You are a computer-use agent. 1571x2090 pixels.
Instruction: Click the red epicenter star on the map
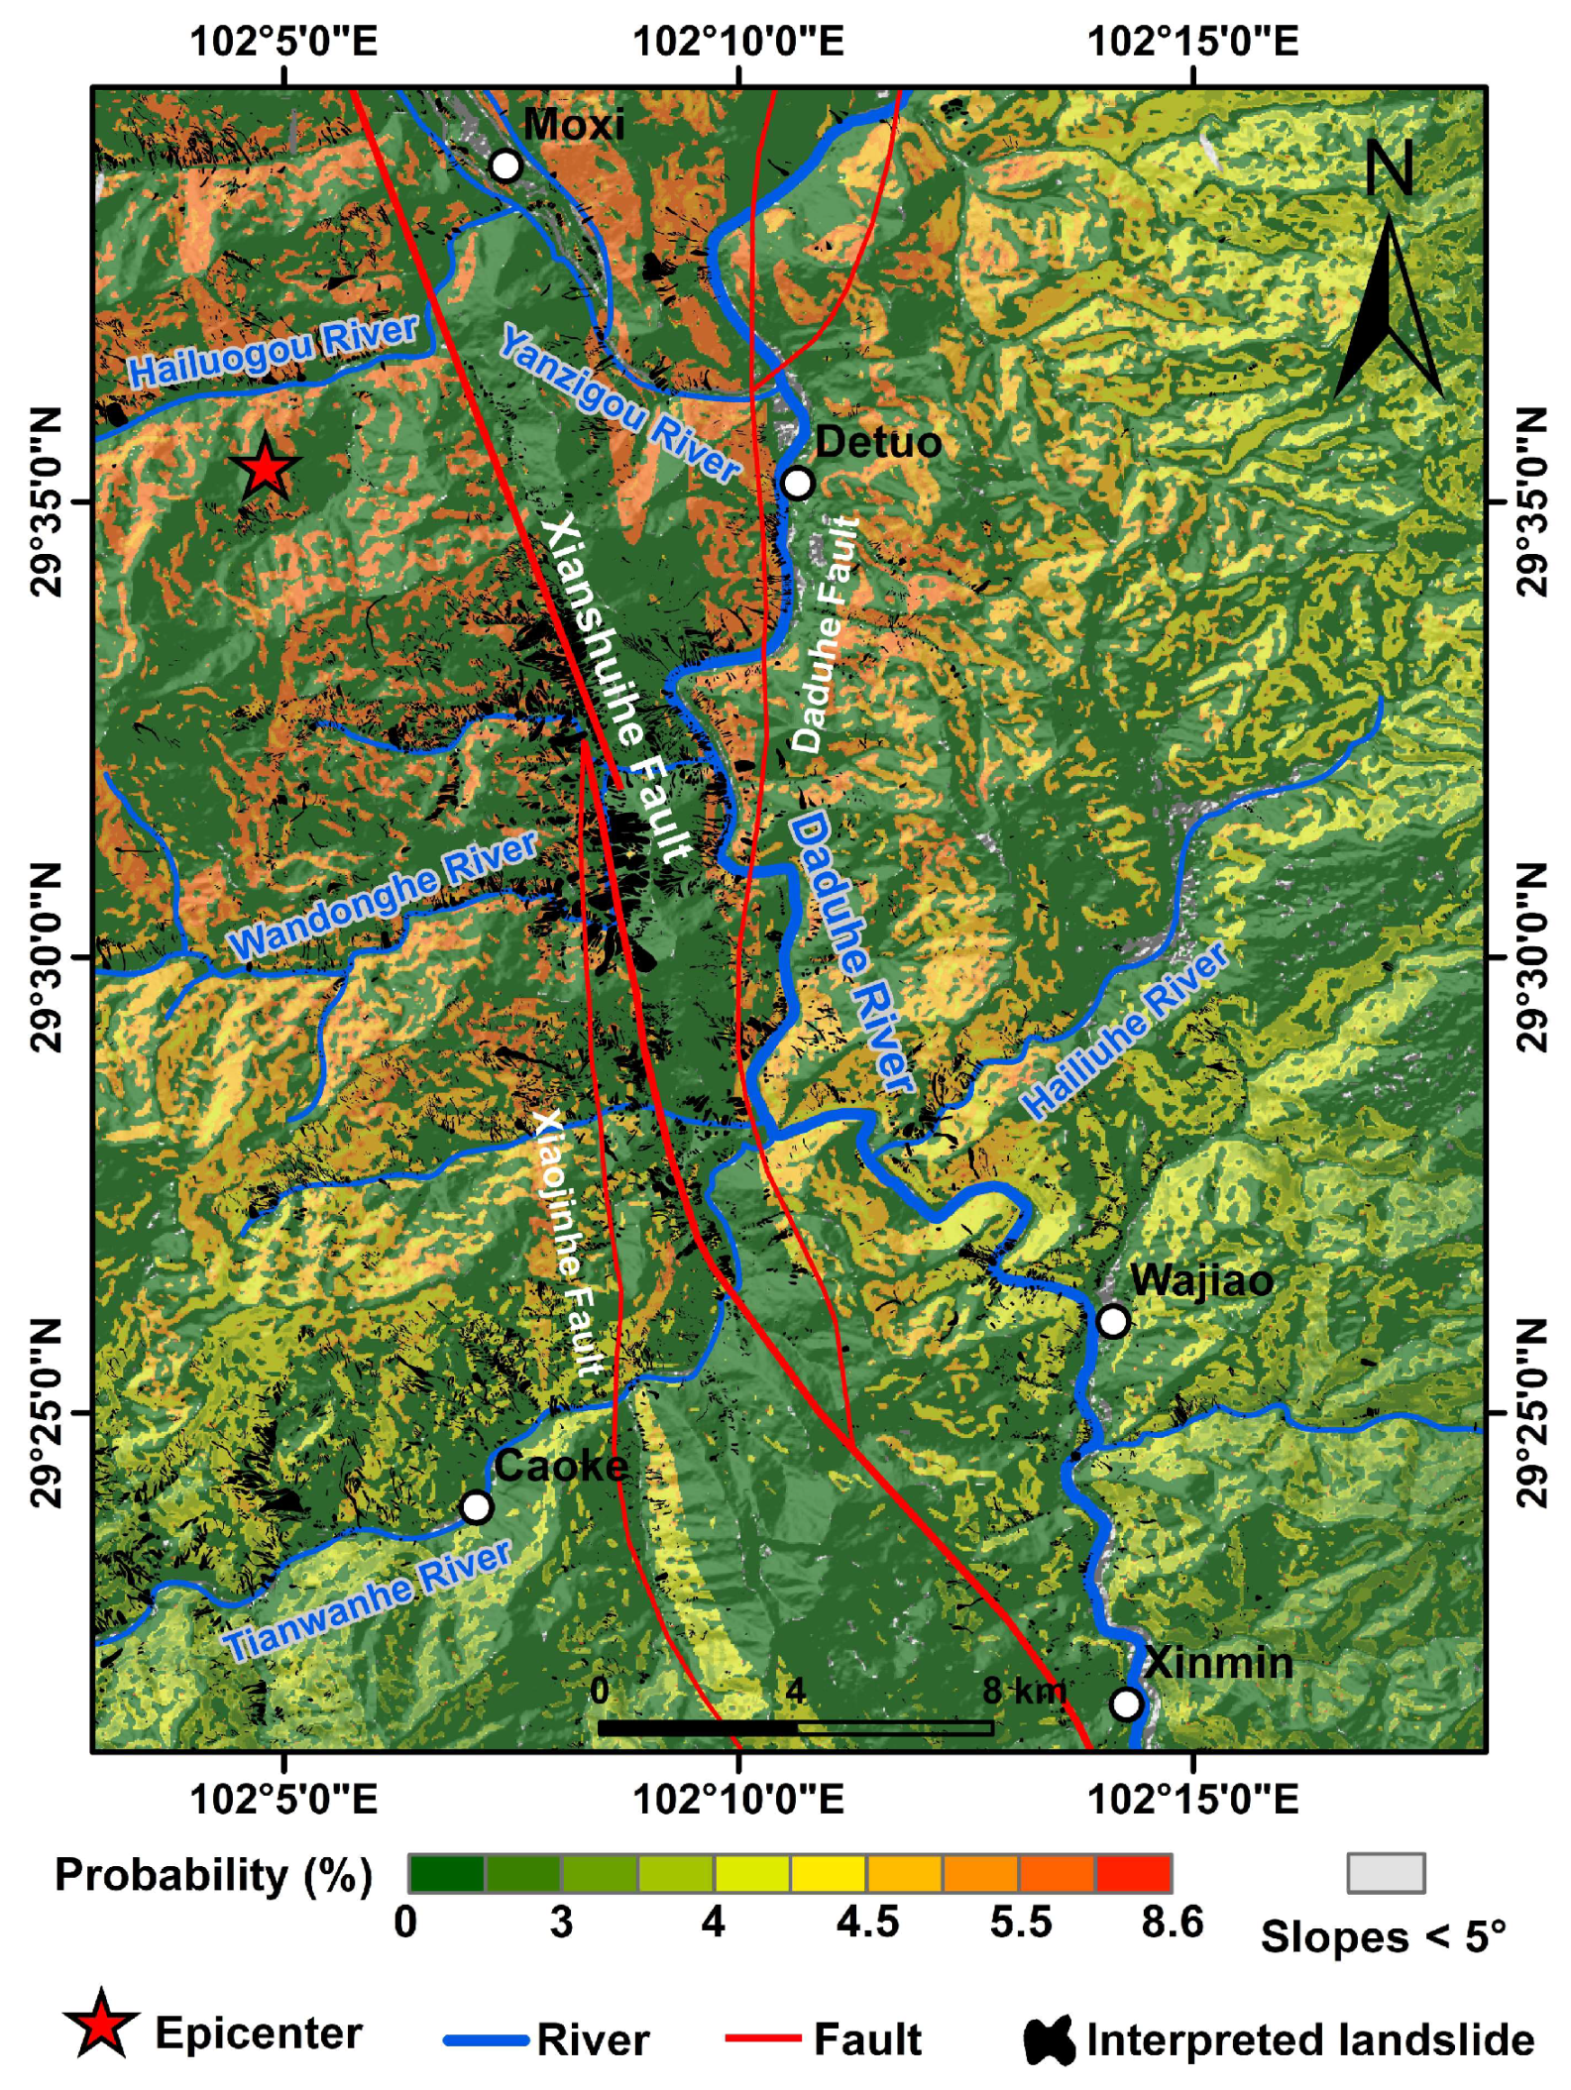(265, 468)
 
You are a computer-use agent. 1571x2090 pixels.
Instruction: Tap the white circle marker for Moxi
(505, 165)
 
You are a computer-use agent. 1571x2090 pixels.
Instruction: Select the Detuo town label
(877, 442)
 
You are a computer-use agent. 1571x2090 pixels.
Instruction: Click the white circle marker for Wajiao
(1113, 1321)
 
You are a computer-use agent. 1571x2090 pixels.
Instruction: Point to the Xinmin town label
(1218, 1663)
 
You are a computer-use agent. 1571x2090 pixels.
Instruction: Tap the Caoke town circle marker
(477, 1506)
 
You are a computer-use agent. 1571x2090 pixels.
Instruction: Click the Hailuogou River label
(274, 352)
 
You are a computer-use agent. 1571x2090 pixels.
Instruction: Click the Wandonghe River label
(383, 896)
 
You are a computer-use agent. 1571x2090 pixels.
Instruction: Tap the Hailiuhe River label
(1125, 1032)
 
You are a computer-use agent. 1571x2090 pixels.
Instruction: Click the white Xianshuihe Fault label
(616, 688)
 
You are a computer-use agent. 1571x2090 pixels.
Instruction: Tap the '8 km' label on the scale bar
(1024, 1691)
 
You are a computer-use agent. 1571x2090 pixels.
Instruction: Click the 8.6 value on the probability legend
(1172, 1923)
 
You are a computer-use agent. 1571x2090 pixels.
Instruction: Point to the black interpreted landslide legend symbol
(1050, 2040)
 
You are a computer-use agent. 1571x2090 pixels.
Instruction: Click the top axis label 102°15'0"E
(1192, 42)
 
